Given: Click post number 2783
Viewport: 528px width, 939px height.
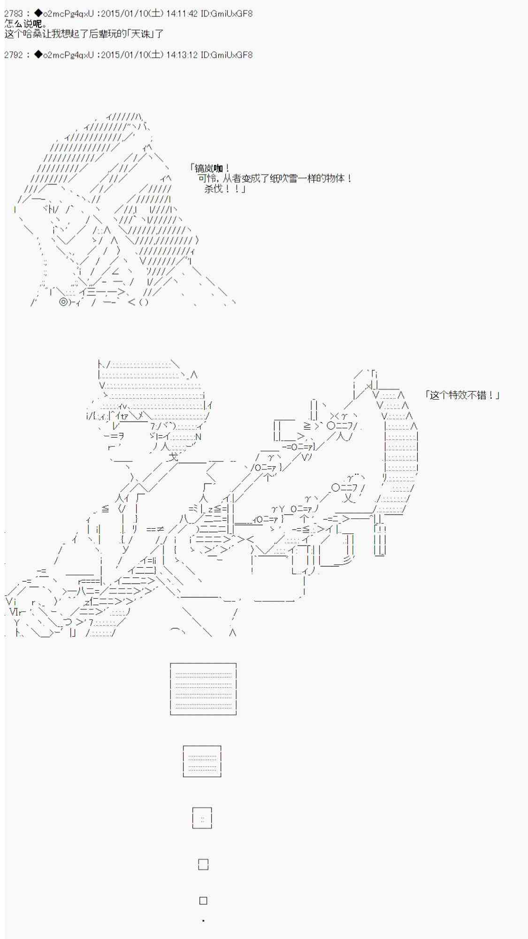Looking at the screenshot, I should [13, 14].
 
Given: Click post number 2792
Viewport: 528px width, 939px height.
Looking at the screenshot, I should [13, 55].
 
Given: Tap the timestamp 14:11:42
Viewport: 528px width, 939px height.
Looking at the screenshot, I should [182, 14].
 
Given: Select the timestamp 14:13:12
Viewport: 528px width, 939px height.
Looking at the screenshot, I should [182, 55].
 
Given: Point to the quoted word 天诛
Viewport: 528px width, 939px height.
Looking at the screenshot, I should [140, 34].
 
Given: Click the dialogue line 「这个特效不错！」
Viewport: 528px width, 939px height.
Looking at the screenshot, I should [462, 395].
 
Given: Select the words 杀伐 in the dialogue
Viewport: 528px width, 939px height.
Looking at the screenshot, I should [214, 189].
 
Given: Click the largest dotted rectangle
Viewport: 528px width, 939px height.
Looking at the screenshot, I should [203, 689].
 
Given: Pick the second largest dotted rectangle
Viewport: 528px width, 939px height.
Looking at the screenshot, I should [202, 761].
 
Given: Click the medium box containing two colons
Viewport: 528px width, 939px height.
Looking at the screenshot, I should [202, 818].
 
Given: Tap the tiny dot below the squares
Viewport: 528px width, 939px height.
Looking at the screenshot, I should [203, 921].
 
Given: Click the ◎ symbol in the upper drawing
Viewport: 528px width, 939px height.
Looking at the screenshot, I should [63, 302].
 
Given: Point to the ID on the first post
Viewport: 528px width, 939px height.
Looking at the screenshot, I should [226, 14].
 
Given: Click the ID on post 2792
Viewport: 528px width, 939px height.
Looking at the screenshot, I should [226, 55].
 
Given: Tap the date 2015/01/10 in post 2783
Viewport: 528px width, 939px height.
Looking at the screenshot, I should [124, 14].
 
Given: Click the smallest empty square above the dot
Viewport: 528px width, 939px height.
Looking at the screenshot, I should [203, 901].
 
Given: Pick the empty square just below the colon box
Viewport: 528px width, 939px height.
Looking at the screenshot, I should [203, 864].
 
